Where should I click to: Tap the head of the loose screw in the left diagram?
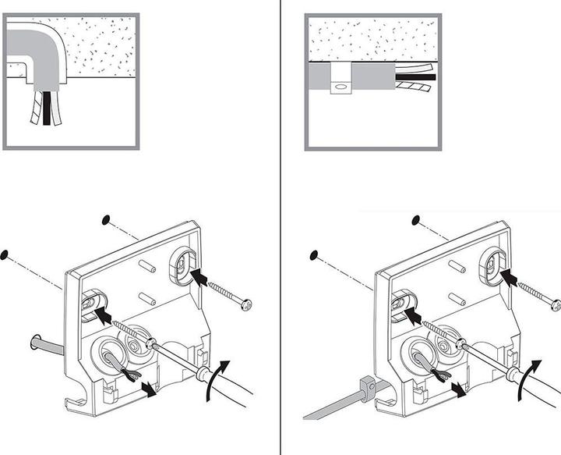tap(247, 303)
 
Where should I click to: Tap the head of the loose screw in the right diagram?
tap(556, 303)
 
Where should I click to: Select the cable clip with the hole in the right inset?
tap(340, 80)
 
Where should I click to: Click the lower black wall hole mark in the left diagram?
tap(5, 254)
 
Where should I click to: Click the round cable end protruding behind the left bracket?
tap(36, 340)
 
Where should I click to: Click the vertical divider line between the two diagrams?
tap(280, 234)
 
